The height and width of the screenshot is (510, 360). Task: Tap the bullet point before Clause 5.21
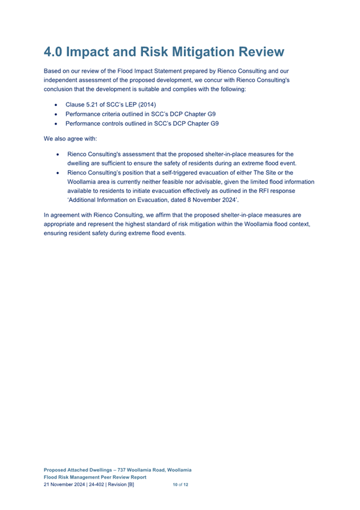click(56, 105)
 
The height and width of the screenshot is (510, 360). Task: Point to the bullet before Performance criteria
click(56, 114)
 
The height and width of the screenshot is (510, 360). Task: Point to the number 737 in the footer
click(126, 469)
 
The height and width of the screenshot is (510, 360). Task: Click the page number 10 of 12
click(180, 484)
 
